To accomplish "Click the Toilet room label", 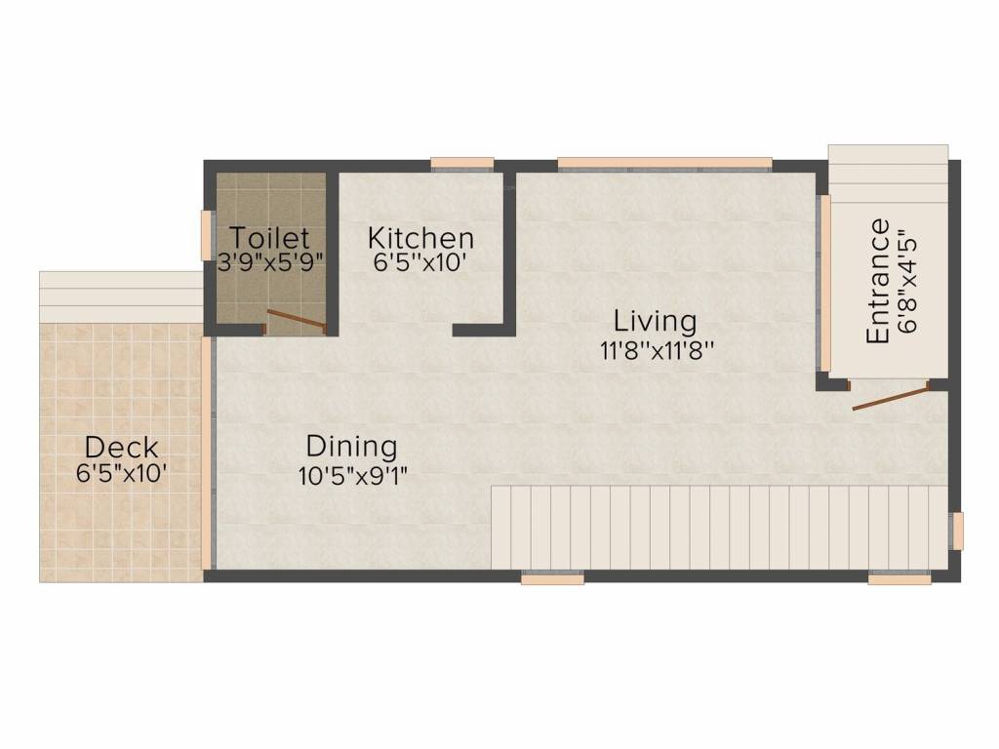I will click(269, 237).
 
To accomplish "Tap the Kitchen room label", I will click(420, 238).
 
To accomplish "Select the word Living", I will click(655, 321).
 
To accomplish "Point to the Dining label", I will click(351, 447).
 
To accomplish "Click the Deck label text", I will click(121, 449).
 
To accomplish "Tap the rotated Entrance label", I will click(878, 281).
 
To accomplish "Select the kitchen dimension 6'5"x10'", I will click(420, 262).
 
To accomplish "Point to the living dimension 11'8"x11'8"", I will click(659, 348).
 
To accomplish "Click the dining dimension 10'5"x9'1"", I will click(352, 475).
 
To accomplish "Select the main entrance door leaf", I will click(889, 398).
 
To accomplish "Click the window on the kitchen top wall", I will click(462, 163).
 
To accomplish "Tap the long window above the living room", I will click(664, 163).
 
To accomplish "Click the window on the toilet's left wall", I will click(207, 235).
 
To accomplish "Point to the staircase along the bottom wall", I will click(717, 527).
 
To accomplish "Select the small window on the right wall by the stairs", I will click(957, 531).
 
